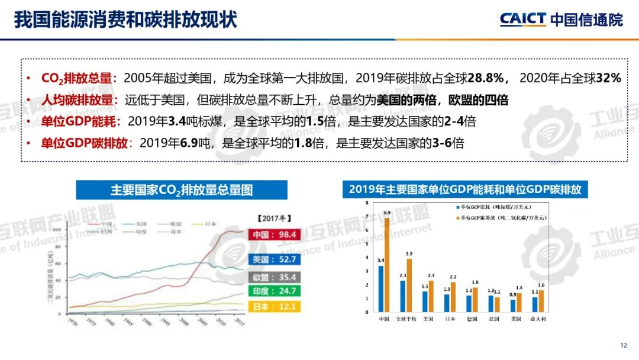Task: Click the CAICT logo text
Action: pos(523,19)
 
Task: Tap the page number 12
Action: pos(623,346)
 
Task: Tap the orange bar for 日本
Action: pos(453,296)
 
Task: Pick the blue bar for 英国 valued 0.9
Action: pos(513,306)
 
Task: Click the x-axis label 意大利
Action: pos(538,319)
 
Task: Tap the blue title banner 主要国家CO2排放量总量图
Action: pos(181,190)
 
